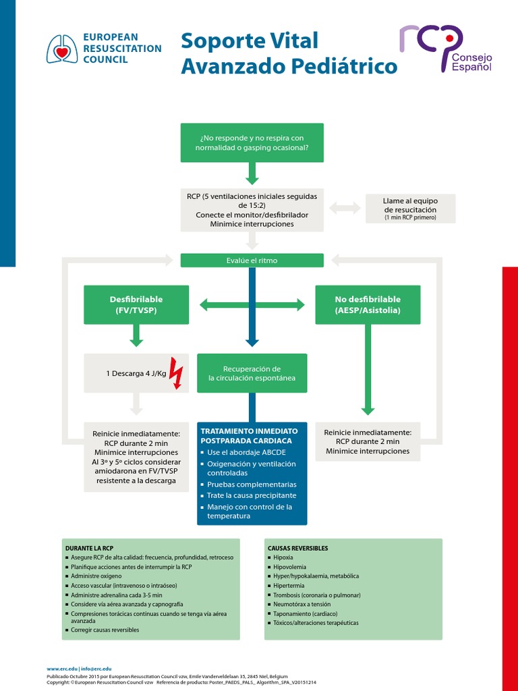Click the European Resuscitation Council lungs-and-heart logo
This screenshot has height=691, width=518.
click(61, 49)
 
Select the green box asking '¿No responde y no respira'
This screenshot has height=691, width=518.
click(252, 142)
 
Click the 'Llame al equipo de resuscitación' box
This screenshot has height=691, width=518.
click(409, 209)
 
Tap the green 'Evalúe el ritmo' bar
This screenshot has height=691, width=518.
click(252, 260)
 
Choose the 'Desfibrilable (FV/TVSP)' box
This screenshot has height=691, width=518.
click(136, 304)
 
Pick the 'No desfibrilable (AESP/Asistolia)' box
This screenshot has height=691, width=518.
click(368, 304)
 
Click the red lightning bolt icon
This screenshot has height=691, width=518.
click(176, 373)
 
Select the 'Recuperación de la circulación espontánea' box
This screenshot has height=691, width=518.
click(252, 373)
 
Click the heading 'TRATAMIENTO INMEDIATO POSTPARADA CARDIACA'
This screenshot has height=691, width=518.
click(249, 435)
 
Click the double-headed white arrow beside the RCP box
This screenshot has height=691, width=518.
click(345, 209)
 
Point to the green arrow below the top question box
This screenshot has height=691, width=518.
click(252, 174)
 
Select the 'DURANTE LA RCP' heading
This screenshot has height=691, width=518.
click(88, 548)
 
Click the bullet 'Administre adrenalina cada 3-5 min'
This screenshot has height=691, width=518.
click(117, 595)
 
